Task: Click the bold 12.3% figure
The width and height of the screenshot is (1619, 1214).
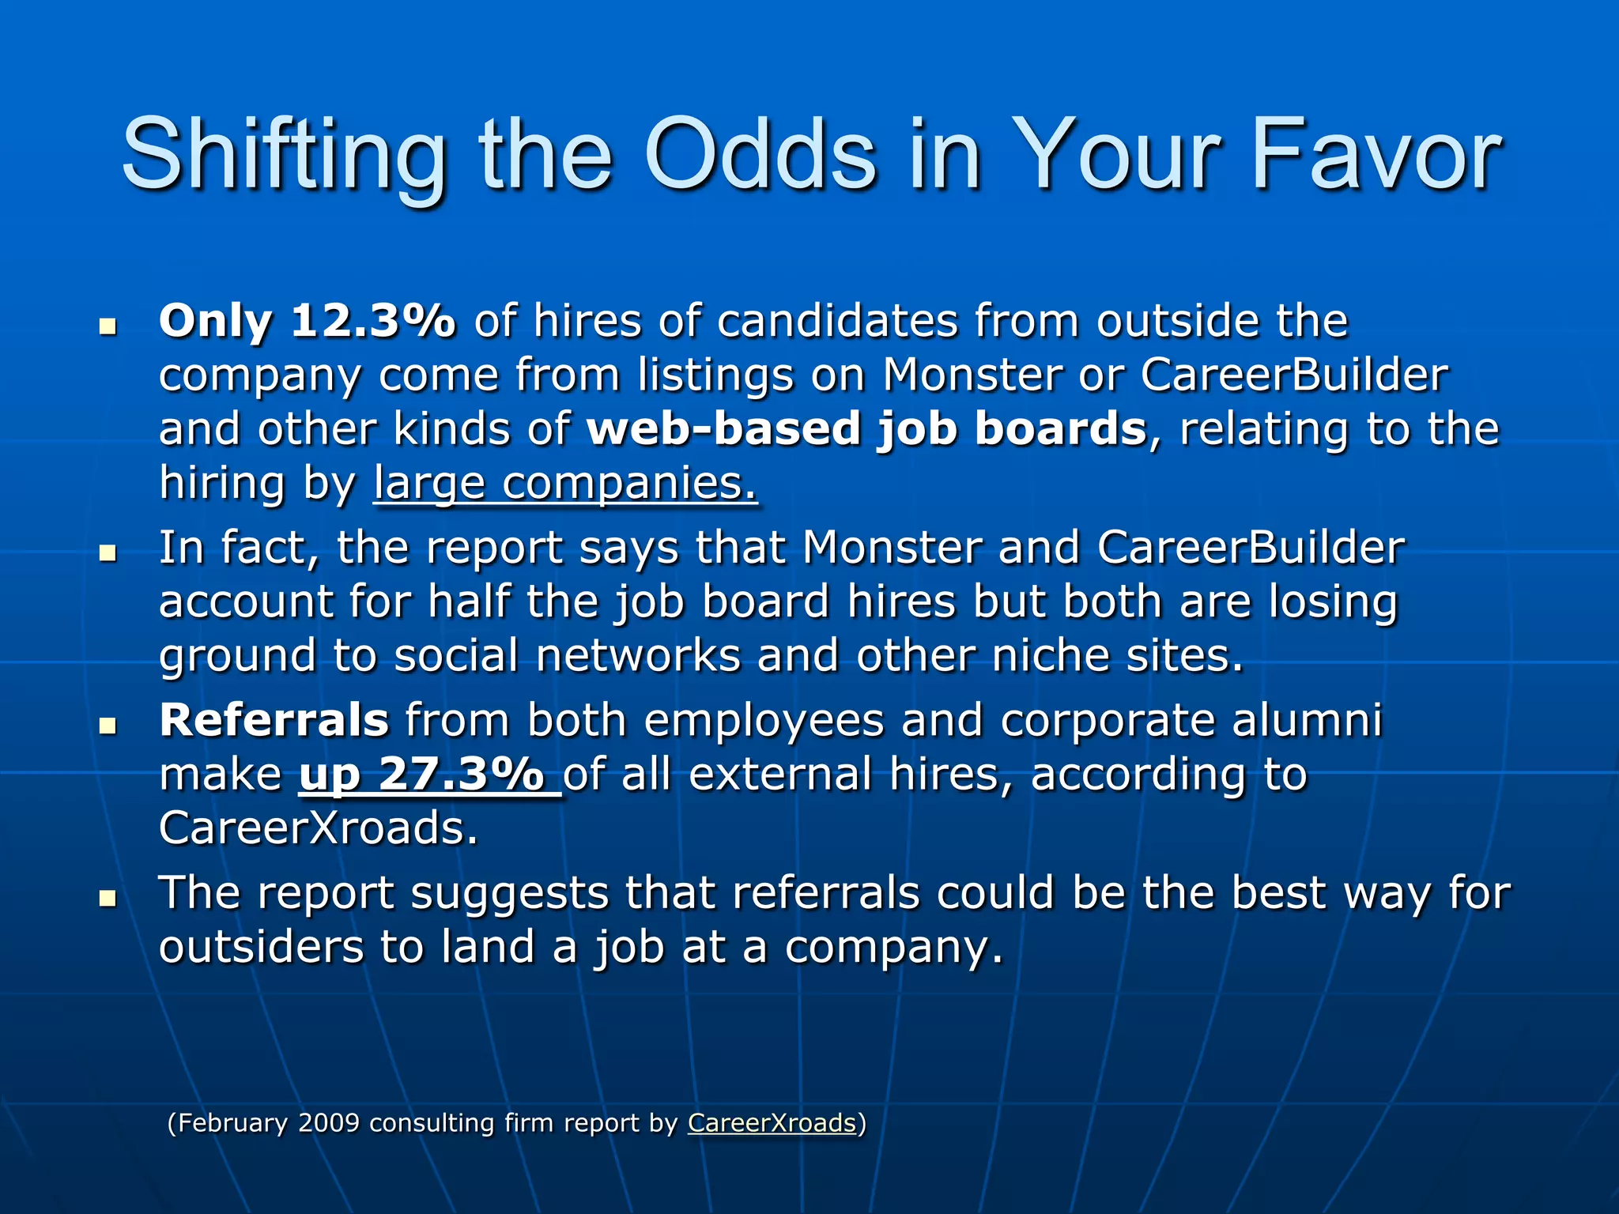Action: click(x=373, y=322)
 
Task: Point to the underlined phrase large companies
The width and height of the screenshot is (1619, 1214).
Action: click(x=565, y=484)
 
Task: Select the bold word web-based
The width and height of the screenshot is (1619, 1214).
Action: click(x=723, y=429)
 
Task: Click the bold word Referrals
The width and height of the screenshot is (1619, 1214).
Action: click(x=274, y=720)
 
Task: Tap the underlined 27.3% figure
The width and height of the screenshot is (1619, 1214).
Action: click(x=462, y=774)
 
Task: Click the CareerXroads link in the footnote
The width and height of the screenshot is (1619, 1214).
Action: click(x=772, y=1123)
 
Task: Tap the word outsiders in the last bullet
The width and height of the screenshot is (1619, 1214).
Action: click(x=261, y=947)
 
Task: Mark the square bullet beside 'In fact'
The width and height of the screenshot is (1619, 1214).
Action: click(x=108, y=552)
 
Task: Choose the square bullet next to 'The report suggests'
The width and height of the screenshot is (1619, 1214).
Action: click(x=108, y=898)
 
